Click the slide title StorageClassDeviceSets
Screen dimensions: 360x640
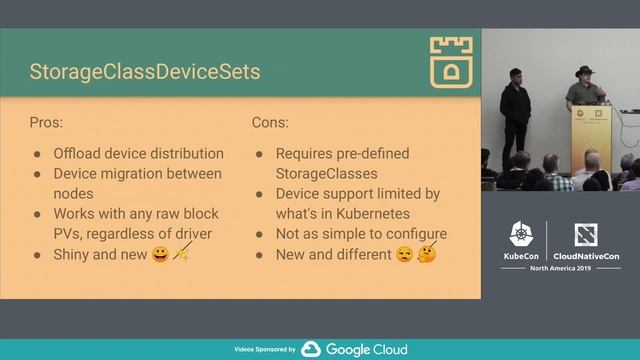pyautogui.click(x=145, y=72)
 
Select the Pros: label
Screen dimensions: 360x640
pyautogui.click(x=48, y=123)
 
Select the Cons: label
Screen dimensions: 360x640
pyautogui.click(x=270, y=123)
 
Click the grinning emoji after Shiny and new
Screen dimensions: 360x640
pyautogui.click(x=160, y=255)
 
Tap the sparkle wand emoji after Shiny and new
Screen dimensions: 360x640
pyautogui.click(x=182, y=255)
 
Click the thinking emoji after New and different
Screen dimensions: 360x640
pyautogui.click(x=427, y=255)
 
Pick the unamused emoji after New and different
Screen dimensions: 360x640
pyautogui.click(x=404, y=255)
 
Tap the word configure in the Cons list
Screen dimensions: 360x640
pyautogui.click(x=412, y=234)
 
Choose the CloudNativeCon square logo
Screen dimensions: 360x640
pyautogui.click(x=586, y=236)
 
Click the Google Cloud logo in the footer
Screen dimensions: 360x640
pyautogui.click(x=355, y=349)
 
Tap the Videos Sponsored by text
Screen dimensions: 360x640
pyautogui.click(x=264, y=350)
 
